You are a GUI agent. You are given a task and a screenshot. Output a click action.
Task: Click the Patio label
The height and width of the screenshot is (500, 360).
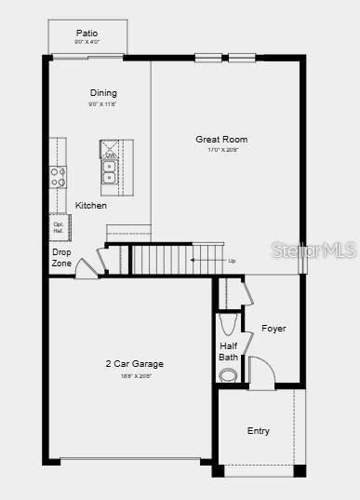[87, 33]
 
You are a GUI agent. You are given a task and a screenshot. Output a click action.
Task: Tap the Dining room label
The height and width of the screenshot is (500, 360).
[103, 92]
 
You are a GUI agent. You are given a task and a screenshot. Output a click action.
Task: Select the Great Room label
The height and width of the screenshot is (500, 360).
[221, 140]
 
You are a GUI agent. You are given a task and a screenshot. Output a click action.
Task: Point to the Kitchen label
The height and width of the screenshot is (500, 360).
[91, 205]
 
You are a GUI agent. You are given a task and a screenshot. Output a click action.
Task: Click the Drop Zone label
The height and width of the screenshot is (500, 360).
[61, 257]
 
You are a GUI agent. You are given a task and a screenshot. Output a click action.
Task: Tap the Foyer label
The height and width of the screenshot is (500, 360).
[273, 329]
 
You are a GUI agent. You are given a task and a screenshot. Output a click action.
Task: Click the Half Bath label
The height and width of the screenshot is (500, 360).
[229, 351]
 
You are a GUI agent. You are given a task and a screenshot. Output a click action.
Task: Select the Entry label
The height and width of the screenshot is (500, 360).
[259, 430]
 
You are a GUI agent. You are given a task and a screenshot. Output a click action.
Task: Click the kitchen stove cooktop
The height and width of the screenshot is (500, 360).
[58, 176]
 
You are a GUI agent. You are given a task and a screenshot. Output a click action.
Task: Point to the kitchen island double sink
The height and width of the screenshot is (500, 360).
[110, 171]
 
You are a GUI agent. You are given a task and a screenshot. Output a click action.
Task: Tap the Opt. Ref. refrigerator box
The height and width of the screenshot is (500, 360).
[59, 227]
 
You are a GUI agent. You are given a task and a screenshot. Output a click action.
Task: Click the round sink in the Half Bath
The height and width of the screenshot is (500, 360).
[229, 374]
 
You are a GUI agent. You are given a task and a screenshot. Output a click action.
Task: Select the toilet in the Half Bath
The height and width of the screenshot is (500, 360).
[229, 324]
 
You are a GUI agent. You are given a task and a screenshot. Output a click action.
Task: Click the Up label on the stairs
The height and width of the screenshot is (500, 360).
[232, 261]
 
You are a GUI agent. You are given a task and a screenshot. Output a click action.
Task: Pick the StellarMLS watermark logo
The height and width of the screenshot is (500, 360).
[312, 250]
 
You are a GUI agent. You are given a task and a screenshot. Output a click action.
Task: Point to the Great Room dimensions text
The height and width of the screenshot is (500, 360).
[221, 151]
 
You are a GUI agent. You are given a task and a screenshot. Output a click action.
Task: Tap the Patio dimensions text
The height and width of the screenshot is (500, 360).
[87, 42]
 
